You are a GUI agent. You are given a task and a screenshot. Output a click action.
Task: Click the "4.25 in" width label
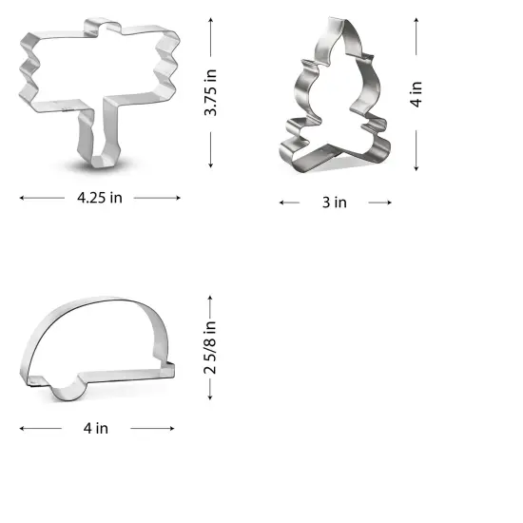(100, 198)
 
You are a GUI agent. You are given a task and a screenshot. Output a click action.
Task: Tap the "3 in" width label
(335, 203)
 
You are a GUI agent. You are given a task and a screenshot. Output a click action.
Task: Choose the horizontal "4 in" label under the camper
(95, 428)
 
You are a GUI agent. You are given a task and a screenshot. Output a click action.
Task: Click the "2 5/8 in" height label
(211, 346)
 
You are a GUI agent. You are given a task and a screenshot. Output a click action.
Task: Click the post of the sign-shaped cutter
(100, 138)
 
